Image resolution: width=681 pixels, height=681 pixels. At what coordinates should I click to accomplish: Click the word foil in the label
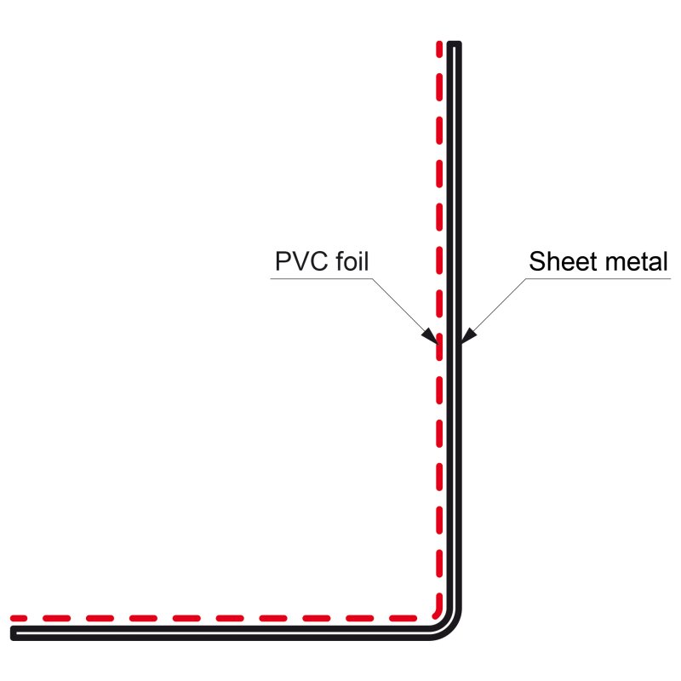(x=350, y=261)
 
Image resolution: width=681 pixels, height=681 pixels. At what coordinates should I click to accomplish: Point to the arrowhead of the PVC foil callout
(x=431, y=336)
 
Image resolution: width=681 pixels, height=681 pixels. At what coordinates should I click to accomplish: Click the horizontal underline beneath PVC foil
(x=323, y=278)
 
